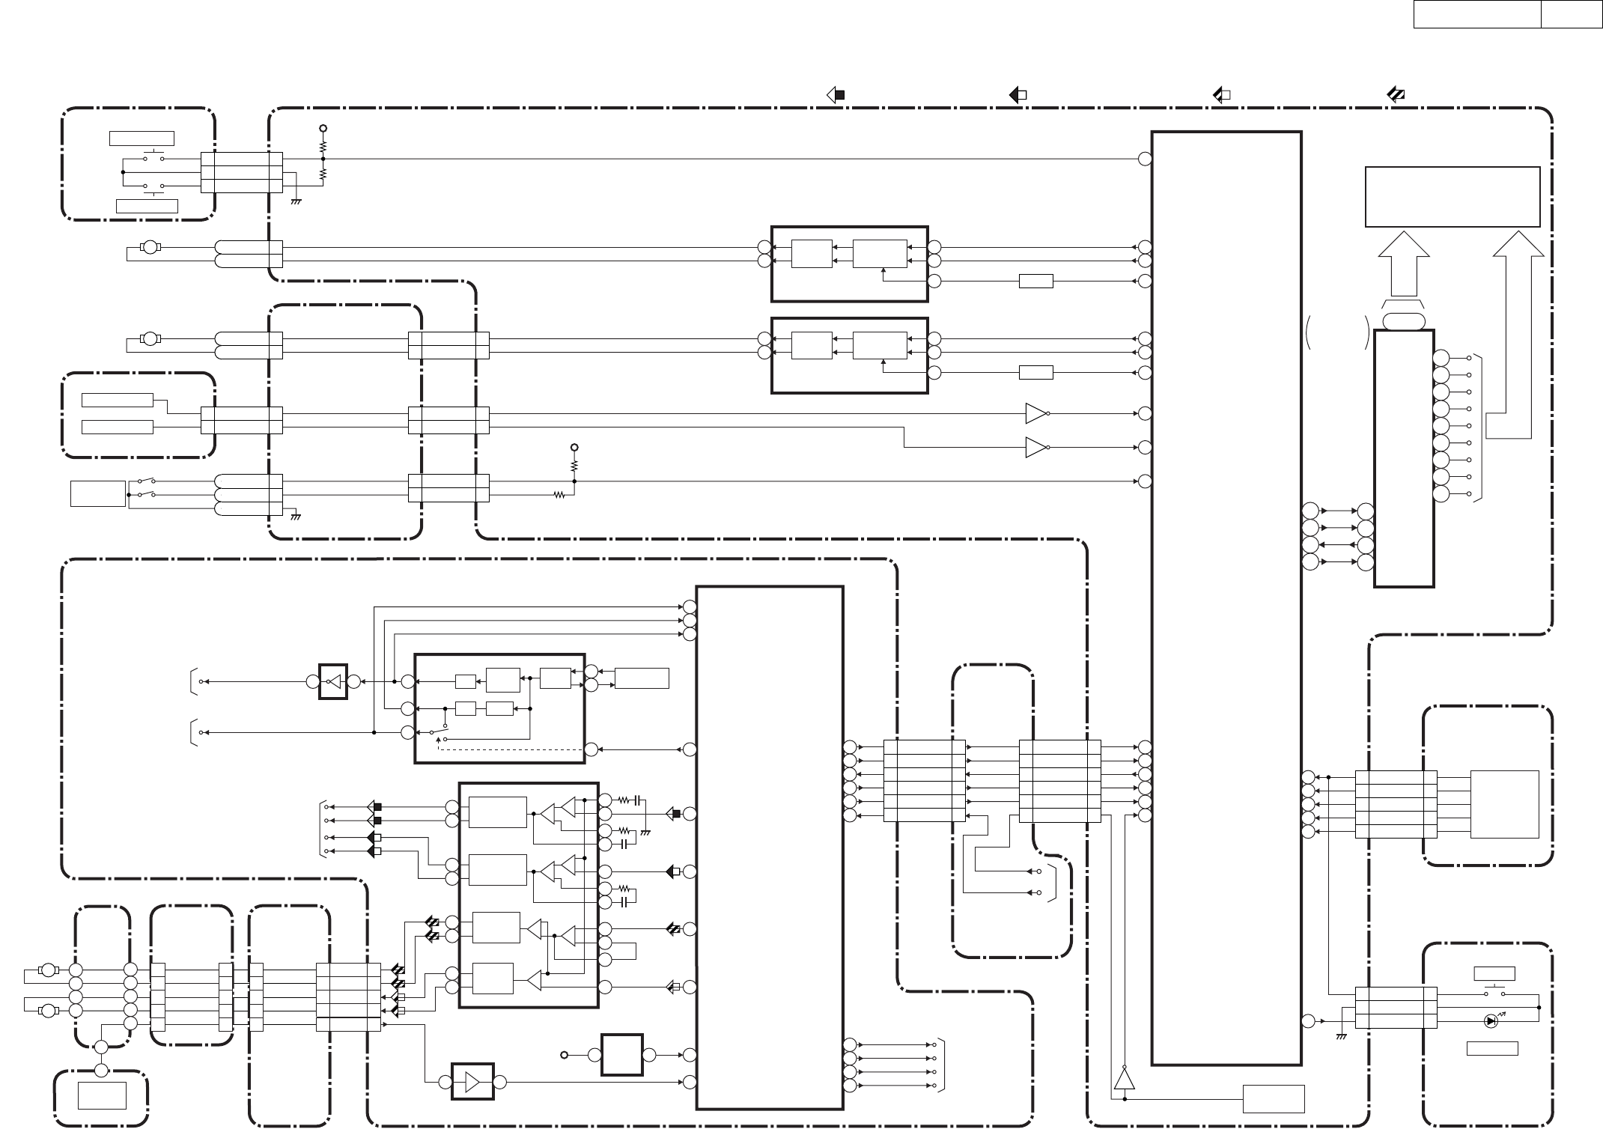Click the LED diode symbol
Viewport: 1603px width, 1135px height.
coord(1491,1020)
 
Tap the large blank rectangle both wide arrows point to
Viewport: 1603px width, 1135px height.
coord(1452,197)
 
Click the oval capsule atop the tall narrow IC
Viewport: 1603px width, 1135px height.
coord(1403,321)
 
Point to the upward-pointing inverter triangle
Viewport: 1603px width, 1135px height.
coord(1124,1078)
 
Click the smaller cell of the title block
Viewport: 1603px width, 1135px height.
coord(1571,13)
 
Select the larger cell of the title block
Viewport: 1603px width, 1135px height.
coord(1476,13)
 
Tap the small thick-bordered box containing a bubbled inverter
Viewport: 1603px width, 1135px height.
coord(333,681)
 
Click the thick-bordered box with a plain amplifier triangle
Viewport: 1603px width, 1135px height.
coord(472,1082)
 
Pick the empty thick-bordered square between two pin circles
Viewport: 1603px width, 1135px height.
coord(621,1055)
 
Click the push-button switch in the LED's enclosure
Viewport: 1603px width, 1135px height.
coord(1494,992)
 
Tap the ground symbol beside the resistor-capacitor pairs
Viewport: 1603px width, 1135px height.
coord(645,832)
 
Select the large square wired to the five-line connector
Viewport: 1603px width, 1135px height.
coord(1504,804)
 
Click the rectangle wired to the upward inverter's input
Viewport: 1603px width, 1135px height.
coord(1274,1098)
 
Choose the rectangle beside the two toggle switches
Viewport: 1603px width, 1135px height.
coord(97,493)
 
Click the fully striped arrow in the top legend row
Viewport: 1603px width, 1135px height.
coord(1395,95)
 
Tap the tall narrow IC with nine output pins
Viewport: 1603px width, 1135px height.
coord(1404,458)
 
